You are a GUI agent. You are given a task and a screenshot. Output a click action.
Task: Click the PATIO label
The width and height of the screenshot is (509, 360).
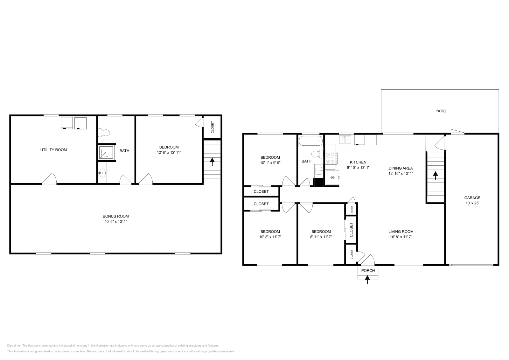coord(441,111)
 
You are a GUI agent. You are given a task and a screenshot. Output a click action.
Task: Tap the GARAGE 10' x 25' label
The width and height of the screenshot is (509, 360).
coord(472,200)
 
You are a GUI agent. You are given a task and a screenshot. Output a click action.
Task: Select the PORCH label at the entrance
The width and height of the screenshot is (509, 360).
coord(368,271)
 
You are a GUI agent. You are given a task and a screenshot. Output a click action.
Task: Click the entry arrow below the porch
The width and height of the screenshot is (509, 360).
coord(368,279)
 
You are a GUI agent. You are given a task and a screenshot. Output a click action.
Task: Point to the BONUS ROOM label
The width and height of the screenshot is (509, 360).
coord(115,219)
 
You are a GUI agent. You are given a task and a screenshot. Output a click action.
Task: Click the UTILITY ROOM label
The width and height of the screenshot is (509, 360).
coord(53,150)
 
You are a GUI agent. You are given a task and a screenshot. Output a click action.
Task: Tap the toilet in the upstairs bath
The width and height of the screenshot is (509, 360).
coord(104,132)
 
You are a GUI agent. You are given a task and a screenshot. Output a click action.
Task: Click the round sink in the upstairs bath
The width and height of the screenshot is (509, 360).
coord(102,173)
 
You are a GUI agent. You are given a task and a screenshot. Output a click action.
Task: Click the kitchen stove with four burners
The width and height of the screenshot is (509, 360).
coord(331,158)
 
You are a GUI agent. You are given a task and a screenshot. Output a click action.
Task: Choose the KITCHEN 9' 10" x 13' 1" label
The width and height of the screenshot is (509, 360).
coord(358,165)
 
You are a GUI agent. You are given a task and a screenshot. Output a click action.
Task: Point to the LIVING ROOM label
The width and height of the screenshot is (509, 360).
coord(401,234)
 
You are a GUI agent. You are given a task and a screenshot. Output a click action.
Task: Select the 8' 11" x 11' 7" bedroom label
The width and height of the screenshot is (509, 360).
coord(321,234)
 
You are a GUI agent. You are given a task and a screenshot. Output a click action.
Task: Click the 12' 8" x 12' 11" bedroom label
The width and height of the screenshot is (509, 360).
coord(169,150)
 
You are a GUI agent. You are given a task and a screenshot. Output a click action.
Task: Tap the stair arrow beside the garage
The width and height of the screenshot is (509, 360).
coord(435,175)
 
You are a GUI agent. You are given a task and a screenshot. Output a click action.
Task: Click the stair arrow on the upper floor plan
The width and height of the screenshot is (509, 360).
coord(212,162)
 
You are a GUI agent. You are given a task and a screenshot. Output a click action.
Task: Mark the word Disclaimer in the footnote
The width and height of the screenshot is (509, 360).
coord(14,345)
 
